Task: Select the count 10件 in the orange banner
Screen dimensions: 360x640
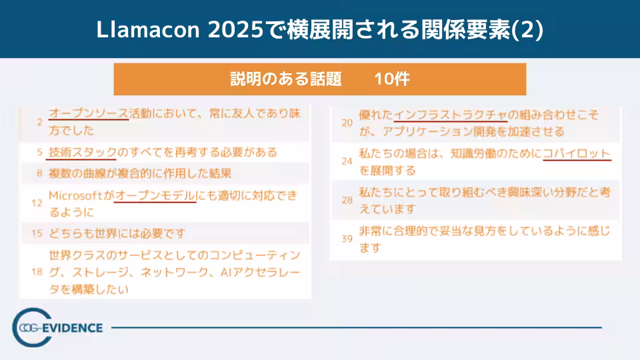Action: pyautogui.click(x=391, y=79)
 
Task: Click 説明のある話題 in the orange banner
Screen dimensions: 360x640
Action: pyautogui.click(x=286, y=79)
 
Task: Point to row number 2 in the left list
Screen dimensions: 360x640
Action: pyautogui.click(x=40, y=122)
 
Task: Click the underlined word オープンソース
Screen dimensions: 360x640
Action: pyautogui.click(x=89, y=113)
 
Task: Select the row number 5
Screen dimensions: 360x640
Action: pyautogui.click(x=40, y=153)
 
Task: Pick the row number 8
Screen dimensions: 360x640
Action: pyautogui.click(x=40, y=175)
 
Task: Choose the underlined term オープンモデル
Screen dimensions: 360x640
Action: pyautogui.click(x=155, y=196)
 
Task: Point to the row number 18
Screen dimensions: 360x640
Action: pyautogui.click(x=37, y=272)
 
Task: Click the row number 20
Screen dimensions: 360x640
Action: pyautogui.click(x=347, y=123)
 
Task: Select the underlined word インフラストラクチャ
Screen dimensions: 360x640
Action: pyautogui.click(x=451, y=115)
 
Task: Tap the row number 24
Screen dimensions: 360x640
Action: pyautogui.click(x=347, y=161)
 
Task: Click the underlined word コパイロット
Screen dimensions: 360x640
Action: pyautogui.click(x=577, y=153)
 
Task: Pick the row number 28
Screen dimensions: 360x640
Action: pyautogui.click(x=347, y=200)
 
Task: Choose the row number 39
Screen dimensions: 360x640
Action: pyautogui.click(x=347, y=239)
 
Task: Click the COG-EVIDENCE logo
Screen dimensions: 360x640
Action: pyautogui.click(x=59, y=327)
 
